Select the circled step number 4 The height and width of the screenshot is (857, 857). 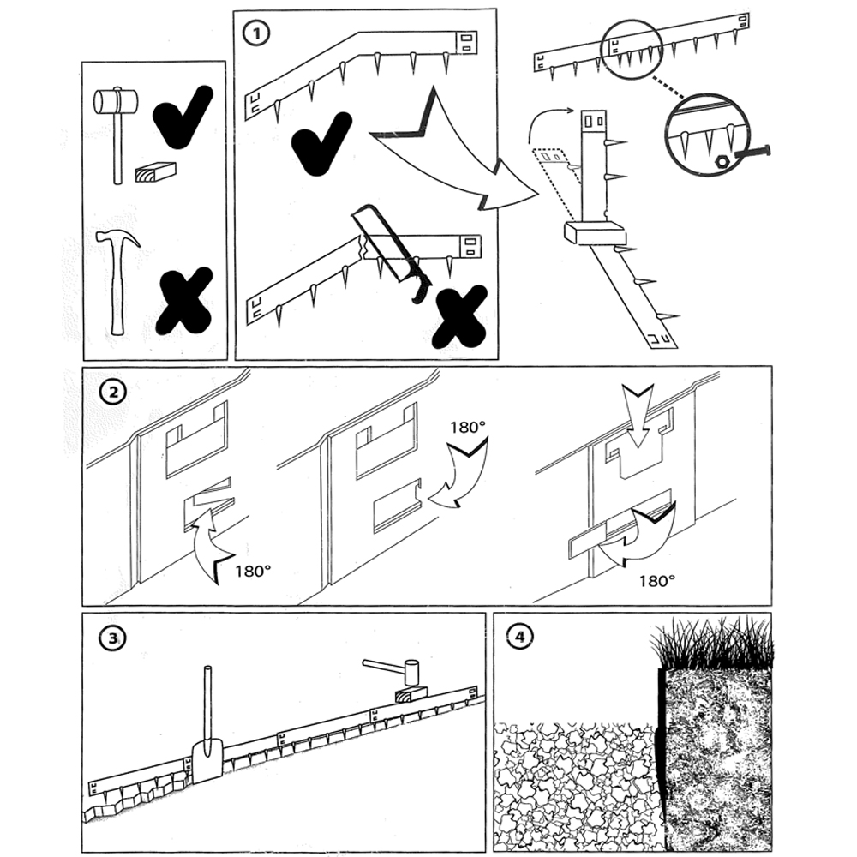[518, 638]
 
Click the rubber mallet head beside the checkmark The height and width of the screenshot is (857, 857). [115, 102]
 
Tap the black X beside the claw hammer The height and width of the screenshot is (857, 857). [183, 300]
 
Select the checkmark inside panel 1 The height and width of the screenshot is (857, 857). [320, 143]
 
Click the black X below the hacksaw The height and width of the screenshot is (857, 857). [459, 315]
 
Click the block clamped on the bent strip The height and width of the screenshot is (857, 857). [595, 232]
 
